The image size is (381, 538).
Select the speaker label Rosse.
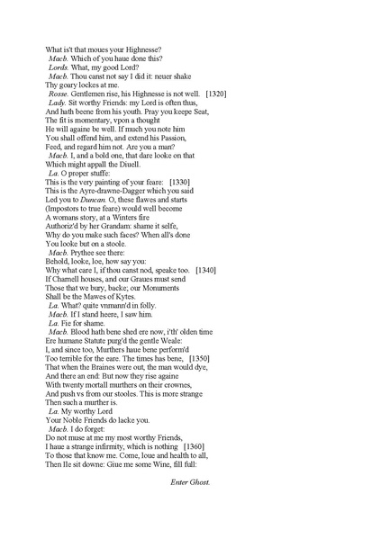59,94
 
